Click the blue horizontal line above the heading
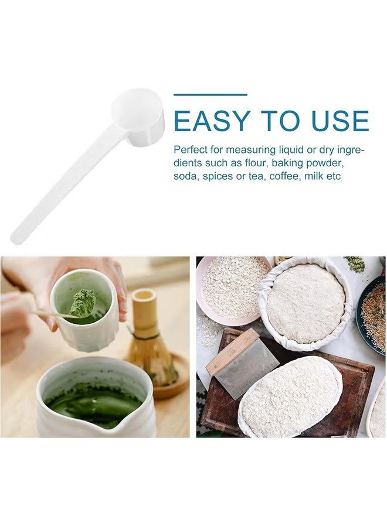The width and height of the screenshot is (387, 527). click(x=210, y=94)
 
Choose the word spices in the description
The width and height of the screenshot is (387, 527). click(x=218, y=176)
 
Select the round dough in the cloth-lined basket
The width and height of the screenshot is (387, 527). click(x=305, y=303)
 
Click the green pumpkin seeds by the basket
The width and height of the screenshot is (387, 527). click(x=355, y=264)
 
